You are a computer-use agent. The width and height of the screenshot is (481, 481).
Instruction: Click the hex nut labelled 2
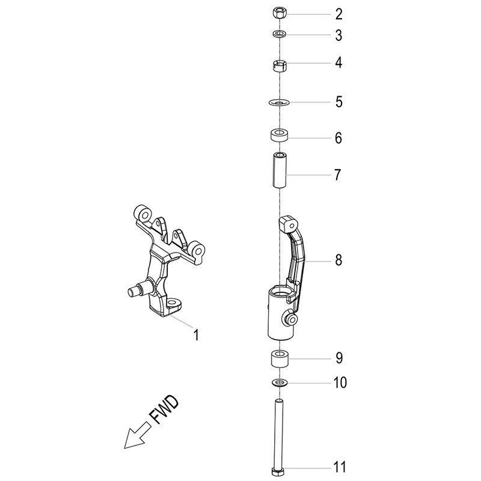(280, 14)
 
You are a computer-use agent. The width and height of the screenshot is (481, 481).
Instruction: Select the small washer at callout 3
(280, 34)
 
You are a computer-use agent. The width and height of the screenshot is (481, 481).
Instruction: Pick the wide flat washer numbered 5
(279, 102)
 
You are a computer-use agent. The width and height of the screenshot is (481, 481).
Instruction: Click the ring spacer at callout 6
(279, 135)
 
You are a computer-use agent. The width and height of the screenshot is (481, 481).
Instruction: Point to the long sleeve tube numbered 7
(280, 170)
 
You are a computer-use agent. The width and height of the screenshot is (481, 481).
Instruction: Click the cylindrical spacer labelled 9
(279, 358)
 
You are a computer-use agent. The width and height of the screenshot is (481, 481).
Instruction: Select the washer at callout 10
(279, 382)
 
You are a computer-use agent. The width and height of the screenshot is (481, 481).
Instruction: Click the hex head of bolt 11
(279, 471)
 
